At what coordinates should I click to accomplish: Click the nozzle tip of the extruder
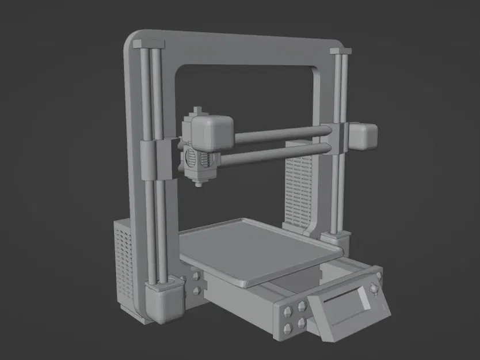pyautogui.click(x=199, y=184)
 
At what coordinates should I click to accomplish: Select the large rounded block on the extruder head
pyautogui.click(x=212, y=130)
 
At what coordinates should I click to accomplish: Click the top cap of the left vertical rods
pyautogui.click(x=148, y=44)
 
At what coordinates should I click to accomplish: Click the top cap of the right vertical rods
pyautogui.click(x=340, y=52)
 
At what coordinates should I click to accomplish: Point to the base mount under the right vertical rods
pyautogui.click(x=336, y=238)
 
